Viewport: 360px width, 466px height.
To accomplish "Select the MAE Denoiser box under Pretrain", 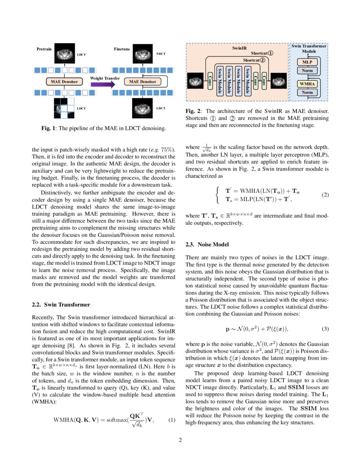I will [64, 81].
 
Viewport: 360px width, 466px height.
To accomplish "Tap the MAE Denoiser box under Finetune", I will [142, 81].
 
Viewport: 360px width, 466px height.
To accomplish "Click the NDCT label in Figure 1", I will [161, 54].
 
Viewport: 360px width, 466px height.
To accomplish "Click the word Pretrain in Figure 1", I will [44, 49].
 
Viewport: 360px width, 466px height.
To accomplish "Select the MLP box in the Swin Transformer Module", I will [307, 62].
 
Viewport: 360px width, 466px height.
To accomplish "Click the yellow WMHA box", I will [307, 84].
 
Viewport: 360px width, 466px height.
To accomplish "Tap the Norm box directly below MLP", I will [307, 70].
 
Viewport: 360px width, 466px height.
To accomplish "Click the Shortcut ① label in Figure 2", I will [262, 53].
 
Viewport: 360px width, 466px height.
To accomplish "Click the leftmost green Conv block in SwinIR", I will [210, 79].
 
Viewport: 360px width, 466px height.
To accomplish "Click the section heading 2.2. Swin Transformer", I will [61, 305].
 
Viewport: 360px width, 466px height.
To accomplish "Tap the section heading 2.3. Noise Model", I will [207, 244].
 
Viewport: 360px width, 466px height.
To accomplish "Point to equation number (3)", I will [325, 329].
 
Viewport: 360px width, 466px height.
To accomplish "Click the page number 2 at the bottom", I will [180, 440].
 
